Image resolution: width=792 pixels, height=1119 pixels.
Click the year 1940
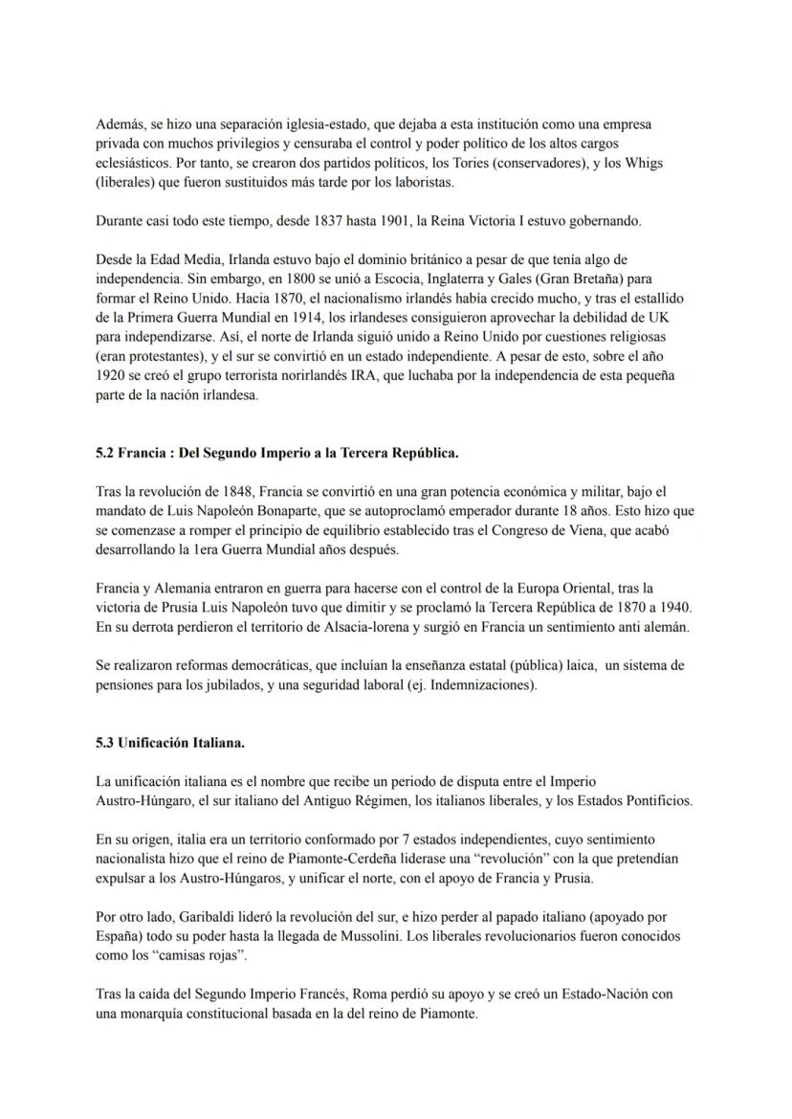click(672, 607)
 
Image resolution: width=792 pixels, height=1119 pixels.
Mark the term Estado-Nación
click(564, 994)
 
